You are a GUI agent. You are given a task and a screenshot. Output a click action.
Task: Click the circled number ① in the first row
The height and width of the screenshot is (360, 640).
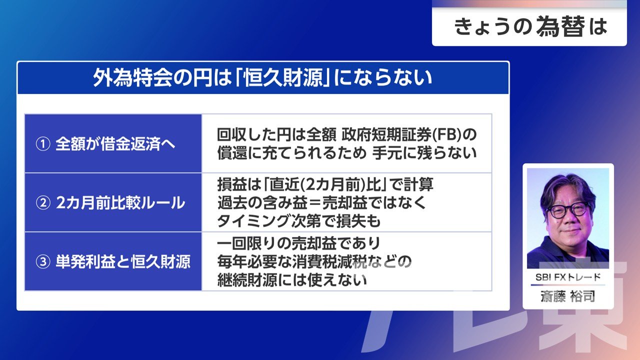[x=43, y=143]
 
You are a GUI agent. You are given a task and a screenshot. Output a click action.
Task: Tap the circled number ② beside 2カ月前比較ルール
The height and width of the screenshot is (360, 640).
[x=43, y=203]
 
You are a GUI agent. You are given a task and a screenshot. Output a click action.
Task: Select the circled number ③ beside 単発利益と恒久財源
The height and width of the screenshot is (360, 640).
[x=43, y=261]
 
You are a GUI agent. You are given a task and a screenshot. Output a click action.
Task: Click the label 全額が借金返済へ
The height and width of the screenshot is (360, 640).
[x=115, y=143]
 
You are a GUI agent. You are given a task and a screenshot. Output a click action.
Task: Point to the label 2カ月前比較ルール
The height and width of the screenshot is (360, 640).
[x=120, y=203]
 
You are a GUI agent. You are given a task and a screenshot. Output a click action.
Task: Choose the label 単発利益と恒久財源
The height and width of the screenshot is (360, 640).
[x=123, y=261]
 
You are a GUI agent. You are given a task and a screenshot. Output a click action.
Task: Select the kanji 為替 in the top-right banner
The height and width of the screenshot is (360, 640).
[x=560, y=26]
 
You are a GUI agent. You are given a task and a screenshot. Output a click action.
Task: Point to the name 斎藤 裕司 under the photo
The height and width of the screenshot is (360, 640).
[x=567, y=296]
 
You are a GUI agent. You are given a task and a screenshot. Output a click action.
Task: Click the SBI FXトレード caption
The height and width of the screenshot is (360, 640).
[x=567, y=277]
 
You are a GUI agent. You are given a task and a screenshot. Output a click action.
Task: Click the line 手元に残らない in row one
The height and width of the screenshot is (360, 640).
[x=424, y=153]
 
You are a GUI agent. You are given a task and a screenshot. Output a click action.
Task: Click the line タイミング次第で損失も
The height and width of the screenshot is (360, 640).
[x=299, y=221]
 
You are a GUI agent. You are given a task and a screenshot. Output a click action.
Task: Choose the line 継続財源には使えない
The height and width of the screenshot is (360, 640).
[x=292, y=280]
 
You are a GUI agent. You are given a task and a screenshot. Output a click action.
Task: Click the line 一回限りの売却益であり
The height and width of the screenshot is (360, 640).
[x=299, y=243]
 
